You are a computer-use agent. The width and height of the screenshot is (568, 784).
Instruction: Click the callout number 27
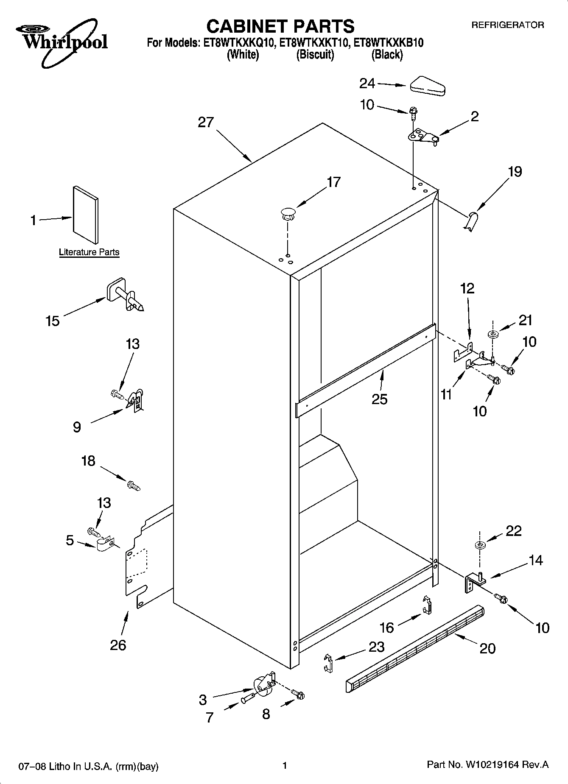click(206, 123)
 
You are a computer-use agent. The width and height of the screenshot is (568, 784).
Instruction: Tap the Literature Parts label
click(89, 252)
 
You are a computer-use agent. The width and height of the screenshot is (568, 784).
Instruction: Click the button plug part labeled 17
click(288, 213)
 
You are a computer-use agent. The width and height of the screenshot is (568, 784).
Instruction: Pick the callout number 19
click(515, 172)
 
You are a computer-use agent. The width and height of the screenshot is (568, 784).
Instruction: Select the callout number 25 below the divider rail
click(379, 399)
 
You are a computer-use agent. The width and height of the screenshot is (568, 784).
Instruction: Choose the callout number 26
click(118, 645)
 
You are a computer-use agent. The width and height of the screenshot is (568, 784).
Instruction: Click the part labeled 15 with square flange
click(124, 295)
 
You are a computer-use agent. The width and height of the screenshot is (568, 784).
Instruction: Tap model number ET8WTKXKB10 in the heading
click(389, 43)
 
